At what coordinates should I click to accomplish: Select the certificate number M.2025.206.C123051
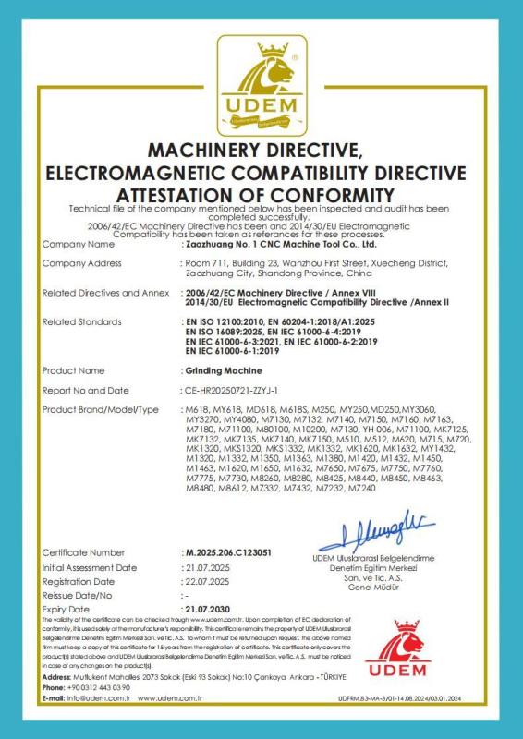click(x=227, y=552)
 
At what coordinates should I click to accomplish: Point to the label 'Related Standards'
click(x=82, y=321)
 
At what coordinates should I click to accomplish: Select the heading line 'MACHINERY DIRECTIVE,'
click(x=261, y=151)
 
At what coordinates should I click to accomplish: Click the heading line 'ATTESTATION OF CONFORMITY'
click(x=261, y=195)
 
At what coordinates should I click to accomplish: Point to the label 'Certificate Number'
click(x=84, y=552)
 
